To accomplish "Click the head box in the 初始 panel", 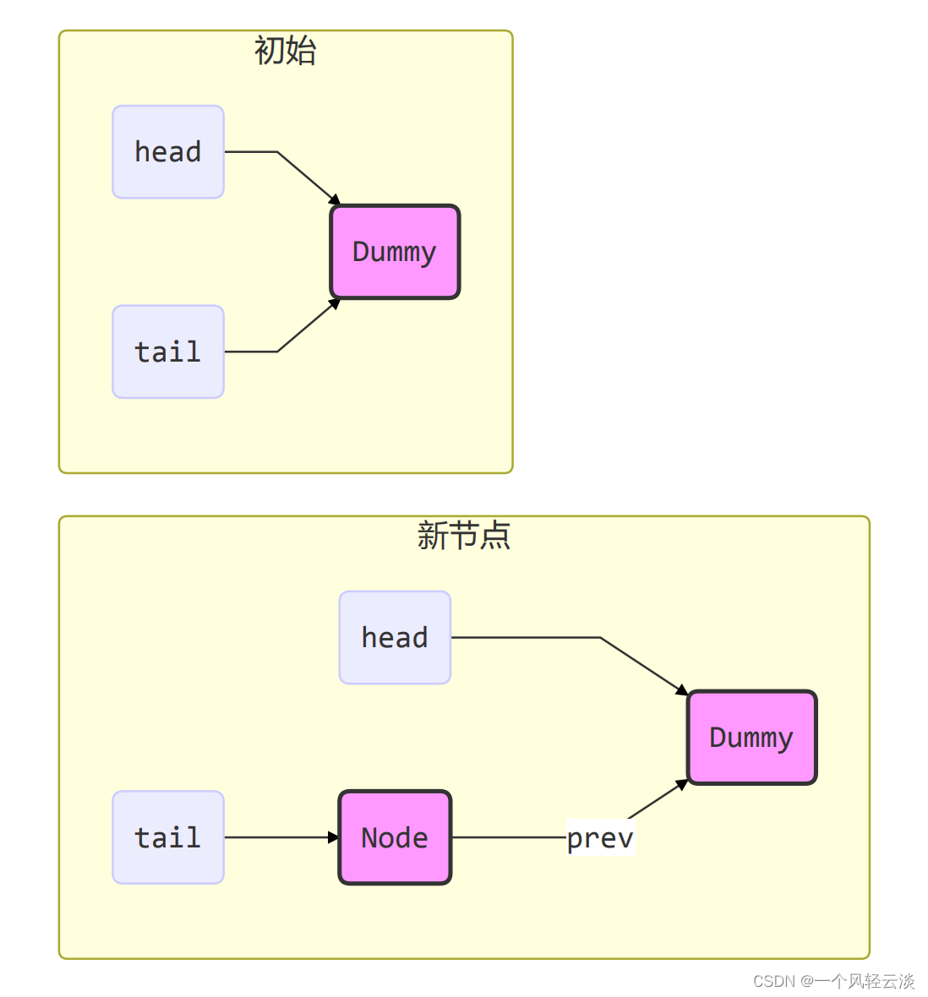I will click(x=168, y=152).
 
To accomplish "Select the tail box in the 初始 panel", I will click(x=168, y=351).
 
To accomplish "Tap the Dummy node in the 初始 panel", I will click(x=395, y=252).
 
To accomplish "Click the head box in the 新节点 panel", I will click(x=395, y=637).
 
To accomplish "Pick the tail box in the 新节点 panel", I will click(x=168, y=837).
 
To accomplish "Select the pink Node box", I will click(x=395, y=837).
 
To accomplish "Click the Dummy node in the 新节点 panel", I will click(x=751, y=738).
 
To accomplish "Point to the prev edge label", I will click(x=600, y=837).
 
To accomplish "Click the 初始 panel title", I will click(x=286, y=51).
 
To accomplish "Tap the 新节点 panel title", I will click(x=464, y=536).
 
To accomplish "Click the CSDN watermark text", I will click(x=833, y=981).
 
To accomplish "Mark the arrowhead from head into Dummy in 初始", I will click(x=335, y=200).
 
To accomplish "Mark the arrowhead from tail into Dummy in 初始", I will click(x=335, y=303).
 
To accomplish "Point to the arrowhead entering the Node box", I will click(x=334, y=837).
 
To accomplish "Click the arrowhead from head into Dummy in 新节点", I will click(x=682, y=691).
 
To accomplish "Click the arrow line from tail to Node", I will click(x=279, y=837).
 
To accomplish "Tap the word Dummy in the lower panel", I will click(x=751, y=738).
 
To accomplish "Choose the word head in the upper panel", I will click(x=168, y=152).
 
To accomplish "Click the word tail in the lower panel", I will click(x=168, y=837).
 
